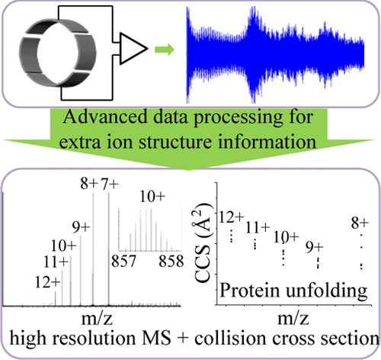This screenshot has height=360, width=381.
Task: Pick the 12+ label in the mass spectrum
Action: point(47,281)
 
